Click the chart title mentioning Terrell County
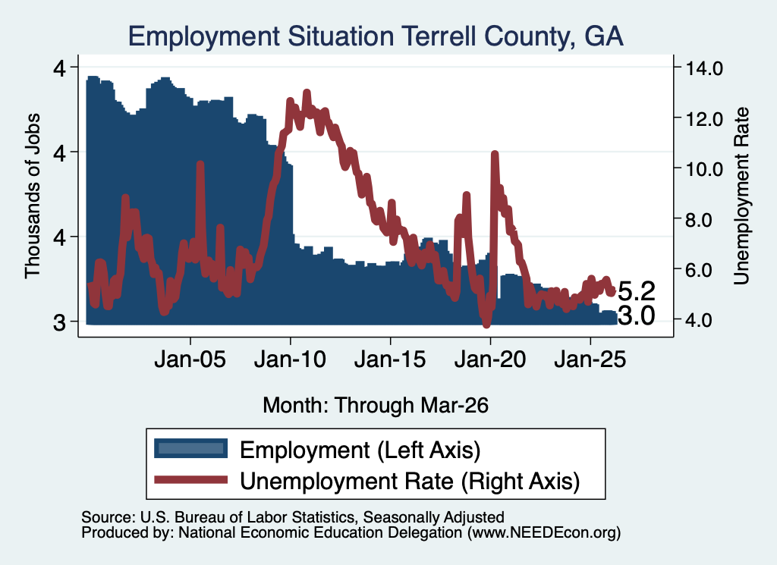[x=376, y=36]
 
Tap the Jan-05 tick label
[x=190, y=359]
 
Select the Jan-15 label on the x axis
[x=390, y=359]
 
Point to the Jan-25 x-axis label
[x=590, y=359]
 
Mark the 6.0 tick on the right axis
[x=699, y=270]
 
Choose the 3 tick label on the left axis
[x=59, y=322]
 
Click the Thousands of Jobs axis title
[x=32, y=196]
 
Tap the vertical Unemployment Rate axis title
[x=741, y=196]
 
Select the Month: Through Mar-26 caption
[x=376, y=405]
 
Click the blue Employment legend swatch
[x=190, y=449]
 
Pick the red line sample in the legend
[x=190, y=480]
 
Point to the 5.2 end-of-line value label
[x=637, y=291]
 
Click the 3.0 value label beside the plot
[x=637, y=315]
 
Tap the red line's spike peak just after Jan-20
[x=494, y=154]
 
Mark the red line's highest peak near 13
[x=307, y=93]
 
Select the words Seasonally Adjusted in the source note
[x=433, y=517]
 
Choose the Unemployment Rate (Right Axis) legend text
[x=410, y=482]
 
